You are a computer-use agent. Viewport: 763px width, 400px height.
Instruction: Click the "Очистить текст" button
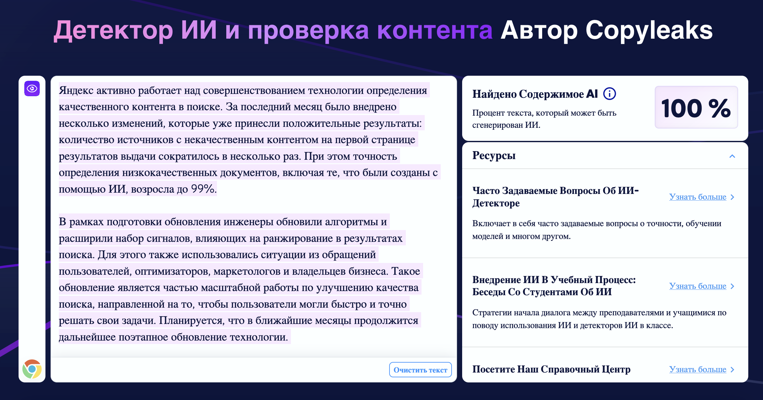tap(420, 370)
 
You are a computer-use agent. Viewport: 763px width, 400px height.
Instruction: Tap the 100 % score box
tap(696, 107)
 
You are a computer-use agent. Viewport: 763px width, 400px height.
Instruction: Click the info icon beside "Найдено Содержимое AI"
tap(609, 94)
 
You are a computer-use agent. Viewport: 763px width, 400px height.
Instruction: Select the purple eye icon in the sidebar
tap(32, 88)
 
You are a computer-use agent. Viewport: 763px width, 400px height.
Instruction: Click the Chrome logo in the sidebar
tap(32, 369)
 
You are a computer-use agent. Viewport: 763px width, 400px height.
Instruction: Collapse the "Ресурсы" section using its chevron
tap(732, 156)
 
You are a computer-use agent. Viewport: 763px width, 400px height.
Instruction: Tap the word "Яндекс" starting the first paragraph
tap(76, 90)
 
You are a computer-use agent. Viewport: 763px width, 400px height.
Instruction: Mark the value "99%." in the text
tap(204, 189)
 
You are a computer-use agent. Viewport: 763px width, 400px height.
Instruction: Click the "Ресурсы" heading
tap(494, 156)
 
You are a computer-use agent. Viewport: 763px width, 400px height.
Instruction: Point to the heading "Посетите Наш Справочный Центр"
tap(551, 369)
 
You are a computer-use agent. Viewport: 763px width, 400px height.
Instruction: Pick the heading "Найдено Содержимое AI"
tap(535, 94)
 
